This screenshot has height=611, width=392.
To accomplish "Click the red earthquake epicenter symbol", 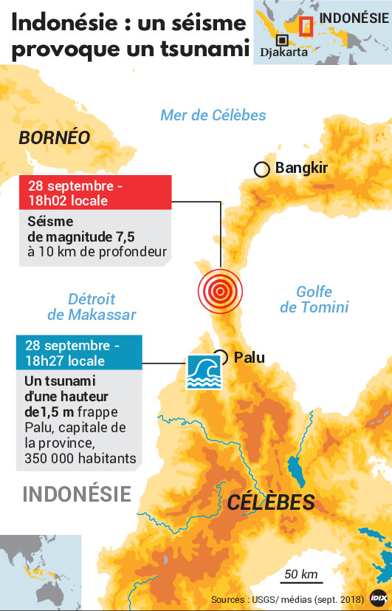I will click(x=219, y=291).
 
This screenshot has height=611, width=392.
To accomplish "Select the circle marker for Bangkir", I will click(x=261, y=169).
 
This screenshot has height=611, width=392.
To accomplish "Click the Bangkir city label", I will click(x=301, y=168).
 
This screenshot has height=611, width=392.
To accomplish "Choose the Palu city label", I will click(x=249, y=358).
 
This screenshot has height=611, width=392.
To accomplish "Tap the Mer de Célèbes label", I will click(x=213, y=115).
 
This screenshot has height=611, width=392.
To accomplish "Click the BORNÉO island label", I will click(x=55, y=137).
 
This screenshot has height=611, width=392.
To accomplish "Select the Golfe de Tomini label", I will click(x=314, y=299).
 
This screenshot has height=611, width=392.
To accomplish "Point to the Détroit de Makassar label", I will click(x=92, y=307).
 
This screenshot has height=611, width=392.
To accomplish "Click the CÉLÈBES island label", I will click(x=271, y=502).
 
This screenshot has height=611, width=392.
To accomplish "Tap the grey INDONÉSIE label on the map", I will click(x=77, y=494).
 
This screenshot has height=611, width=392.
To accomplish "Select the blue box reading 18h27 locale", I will click(x=79, y=353).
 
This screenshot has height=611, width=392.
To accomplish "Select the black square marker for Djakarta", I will click(x=282, y=40).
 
